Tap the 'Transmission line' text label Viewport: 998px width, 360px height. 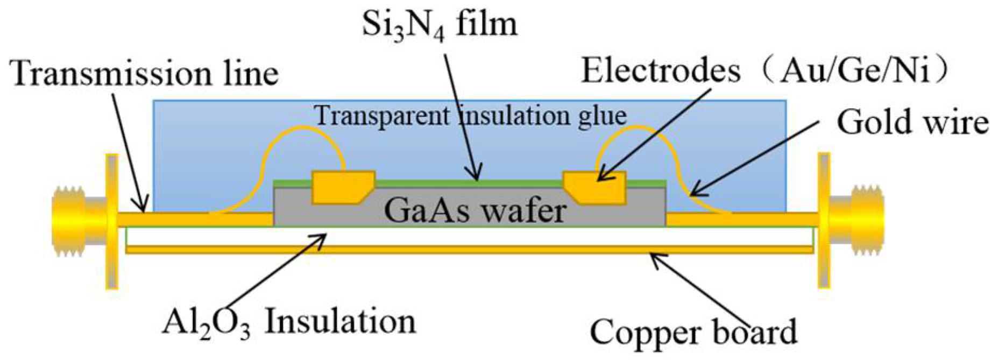click(x=145, y=73)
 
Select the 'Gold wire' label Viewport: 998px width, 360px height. click(x=912, y=123)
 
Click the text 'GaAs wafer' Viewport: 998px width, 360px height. click(x=475, y=210)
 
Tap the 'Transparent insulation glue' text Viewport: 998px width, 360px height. click(x=470, y=116)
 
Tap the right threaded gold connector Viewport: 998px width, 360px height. click(x=858, y=221)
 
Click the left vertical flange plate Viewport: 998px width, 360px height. click(x=111, y=221)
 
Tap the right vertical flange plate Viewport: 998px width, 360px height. click(x=824, y=221)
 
